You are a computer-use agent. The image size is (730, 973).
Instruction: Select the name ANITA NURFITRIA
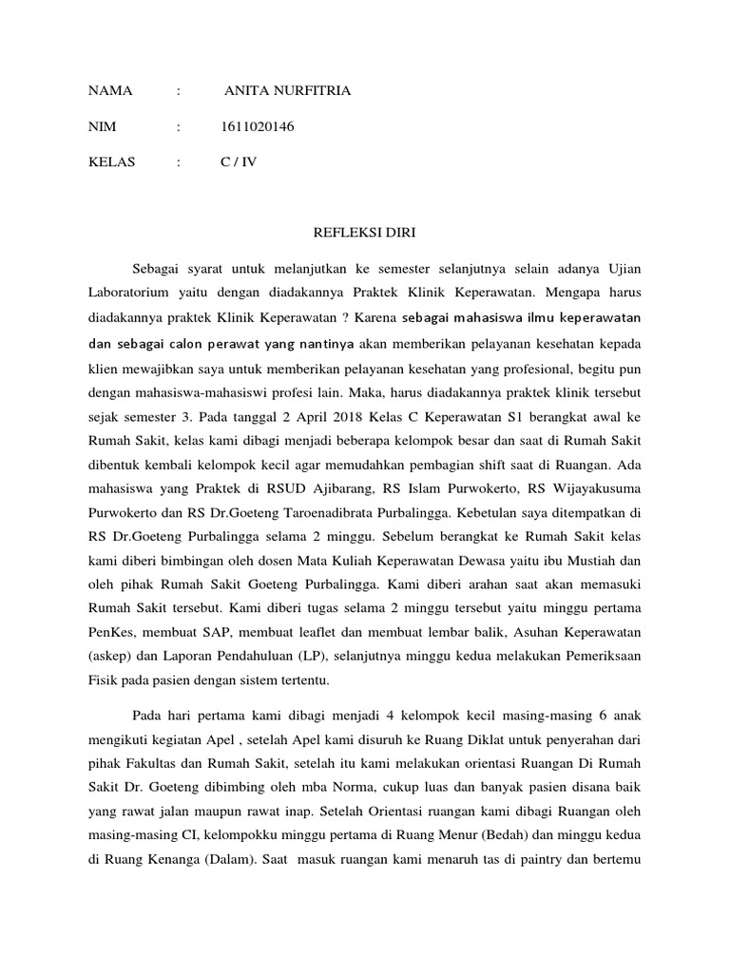[288, 91]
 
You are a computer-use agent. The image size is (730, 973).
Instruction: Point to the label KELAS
[112, 162]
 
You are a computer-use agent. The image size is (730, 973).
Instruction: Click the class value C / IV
[239, 162]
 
